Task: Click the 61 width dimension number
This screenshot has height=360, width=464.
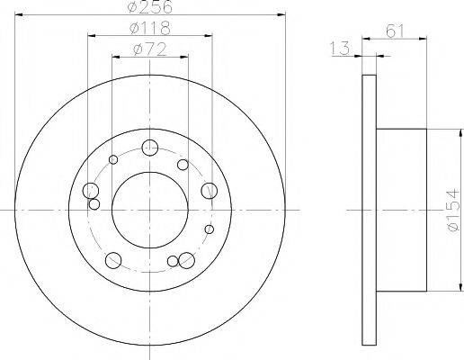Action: click(394, 31)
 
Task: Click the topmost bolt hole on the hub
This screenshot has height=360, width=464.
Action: click(150, 148)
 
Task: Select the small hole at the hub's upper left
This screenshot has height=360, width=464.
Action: click(113, 160)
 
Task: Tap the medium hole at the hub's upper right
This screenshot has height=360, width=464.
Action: click(183, 165)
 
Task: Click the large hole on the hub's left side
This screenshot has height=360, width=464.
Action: click(90, 191)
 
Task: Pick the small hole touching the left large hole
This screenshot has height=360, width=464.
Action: click(94, 204)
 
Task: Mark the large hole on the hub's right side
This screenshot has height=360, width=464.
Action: click(210, 190)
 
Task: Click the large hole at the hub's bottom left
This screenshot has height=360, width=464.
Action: click(112, 261)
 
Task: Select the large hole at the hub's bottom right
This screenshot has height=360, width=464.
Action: click(186, 260)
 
